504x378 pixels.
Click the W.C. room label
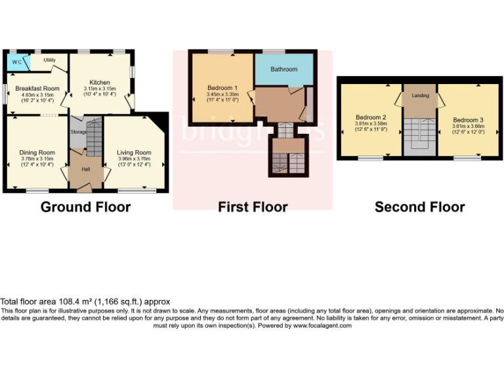click(17, 62)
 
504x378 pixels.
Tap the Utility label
click(50, 60)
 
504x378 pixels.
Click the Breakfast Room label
click(37, 88)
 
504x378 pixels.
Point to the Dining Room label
click(37, 152)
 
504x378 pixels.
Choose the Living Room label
click(134, 152)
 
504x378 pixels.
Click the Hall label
click(85, 169)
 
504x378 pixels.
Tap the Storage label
click(79, 132)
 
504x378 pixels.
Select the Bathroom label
click(283, 69)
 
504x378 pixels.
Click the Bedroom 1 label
click(222, 88)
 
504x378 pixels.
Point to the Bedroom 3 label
click(468, 120)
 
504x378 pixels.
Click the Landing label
click(420, 95)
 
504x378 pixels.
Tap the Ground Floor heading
click(85, 207)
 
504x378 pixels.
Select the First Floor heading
click(253, 207)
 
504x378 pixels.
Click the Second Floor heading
click(419, 207)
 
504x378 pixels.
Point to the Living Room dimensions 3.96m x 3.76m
click(134, 158)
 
